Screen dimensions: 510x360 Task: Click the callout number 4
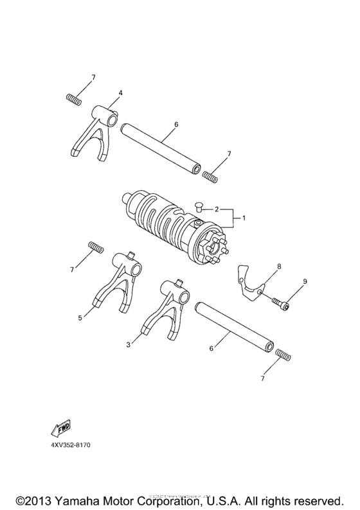(x=120, y=92)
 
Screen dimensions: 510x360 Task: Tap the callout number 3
(x=129, y=345)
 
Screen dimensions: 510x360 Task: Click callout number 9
(x=305, y=281)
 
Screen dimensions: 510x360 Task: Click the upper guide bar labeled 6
(x=160, y=141)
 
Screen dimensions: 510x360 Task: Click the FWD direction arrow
(x=60, y=428)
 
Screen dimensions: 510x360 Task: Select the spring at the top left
(x=75, y=99)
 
